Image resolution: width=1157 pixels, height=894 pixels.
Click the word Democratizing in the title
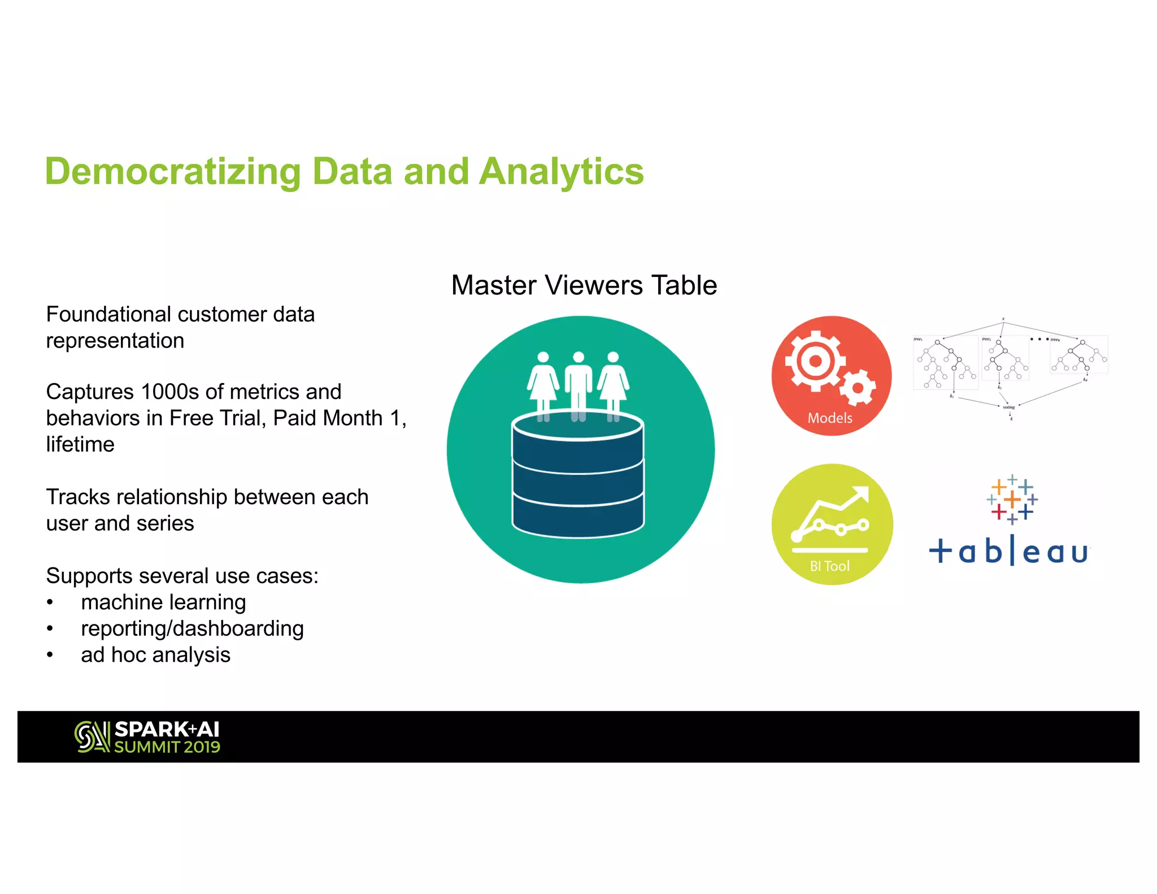(172, 172)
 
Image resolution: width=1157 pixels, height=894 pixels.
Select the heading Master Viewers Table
(584, 285)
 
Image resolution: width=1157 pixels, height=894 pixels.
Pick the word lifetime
(80, 445)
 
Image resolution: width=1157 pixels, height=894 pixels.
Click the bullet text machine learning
(163, 602)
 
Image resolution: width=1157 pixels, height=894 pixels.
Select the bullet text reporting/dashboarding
(192, 628)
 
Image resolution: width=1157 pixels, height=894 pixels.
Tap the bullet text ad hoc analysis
(155, 655)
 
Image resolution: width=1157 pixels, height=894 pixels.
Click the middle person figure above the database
(578, 384)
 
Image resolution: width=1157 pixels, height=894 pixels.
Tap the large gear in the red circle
(815, 361)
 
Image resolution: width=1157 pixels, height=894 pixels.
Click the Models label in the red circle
(829, 418)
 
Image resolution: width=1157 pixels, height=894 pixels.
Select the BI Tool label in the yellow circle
(829, 566)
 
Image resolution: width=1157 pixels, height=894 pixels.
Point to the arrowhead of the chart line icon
(862, 493)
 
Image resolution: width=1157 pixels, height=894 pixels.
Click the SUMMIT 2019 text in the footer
(167, 747)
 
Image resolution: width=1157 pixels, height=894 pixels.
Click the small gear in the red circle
(858, 388)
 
